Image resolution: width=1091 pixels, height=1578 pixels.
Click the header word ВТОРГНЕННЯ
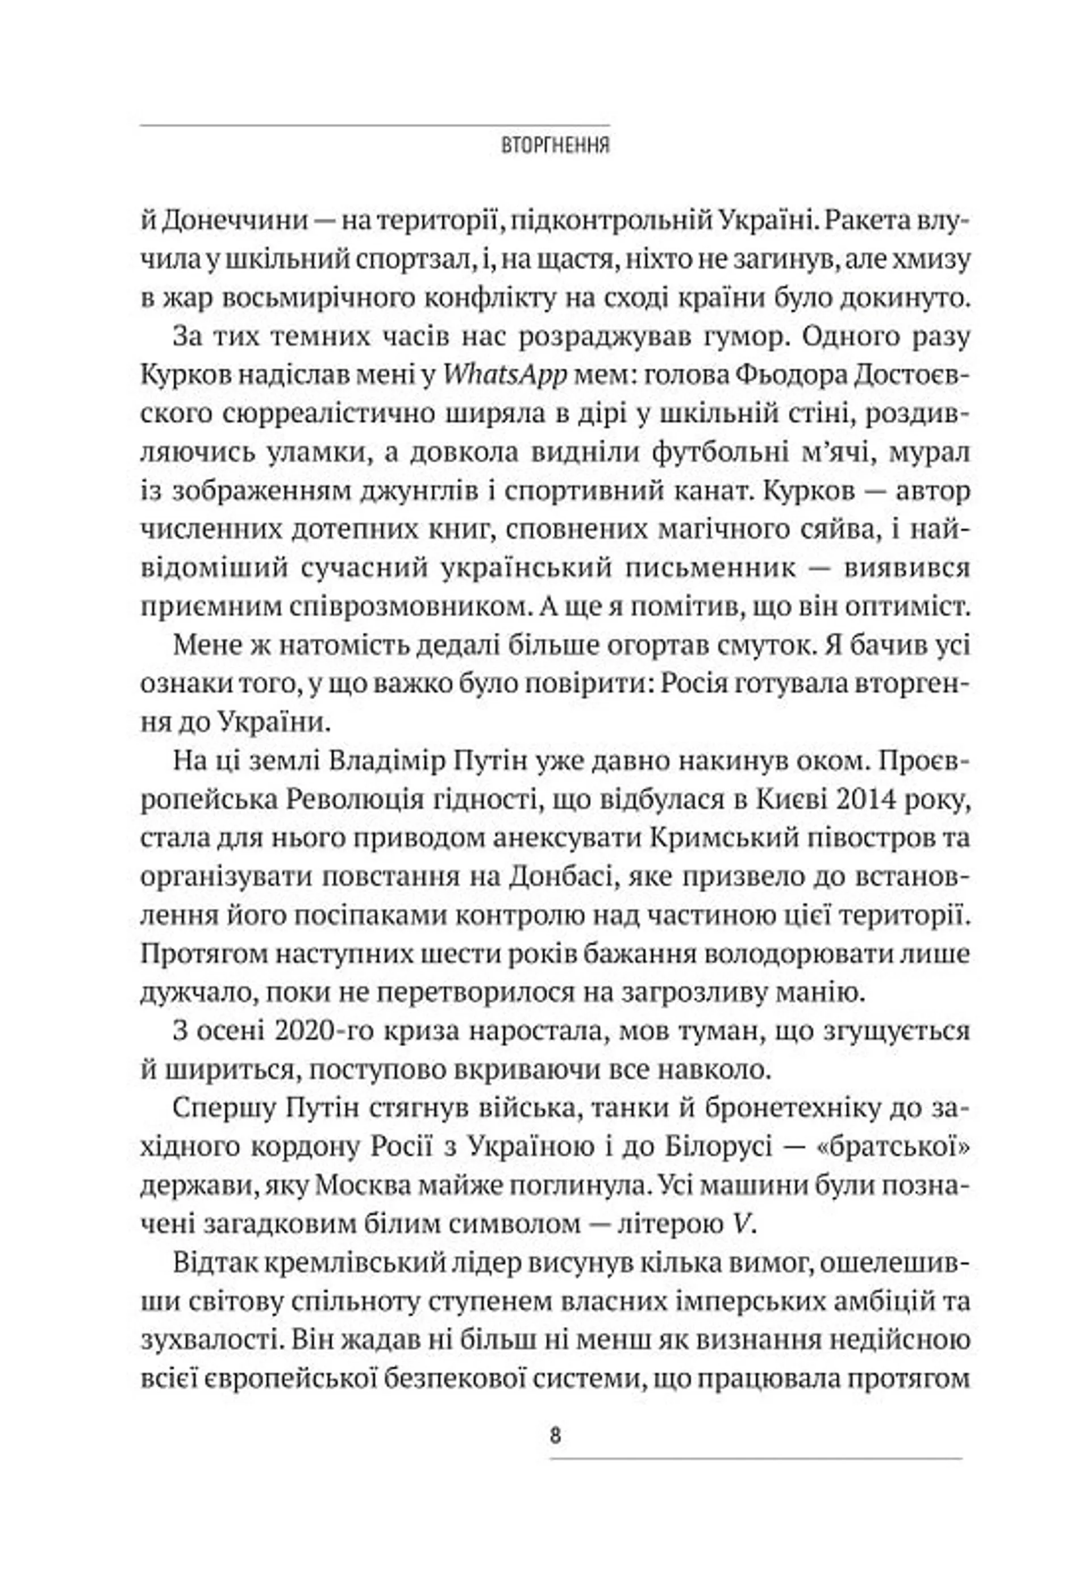[555, 146]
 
